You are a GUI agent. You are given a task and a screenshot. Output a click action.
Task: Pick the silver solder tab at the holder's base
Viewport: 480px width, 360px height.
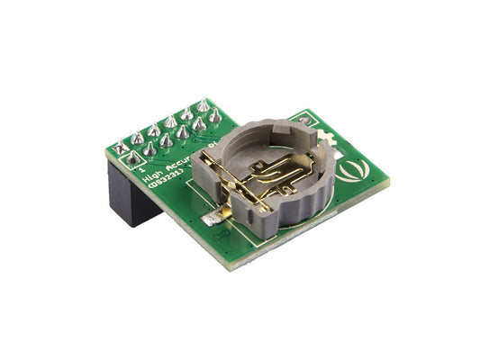point(213,216)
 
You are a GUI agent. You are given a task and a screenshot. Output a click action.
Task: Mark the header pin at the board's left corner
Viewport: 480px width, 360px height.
point(120,148)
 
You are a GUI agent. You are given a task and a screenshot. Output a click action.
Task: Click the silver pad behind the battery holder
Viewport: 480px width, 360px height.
point(305,120)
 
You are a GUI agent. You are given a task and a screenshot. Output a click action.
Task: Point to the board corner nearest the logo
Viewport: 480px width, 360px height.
point(387,178)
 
